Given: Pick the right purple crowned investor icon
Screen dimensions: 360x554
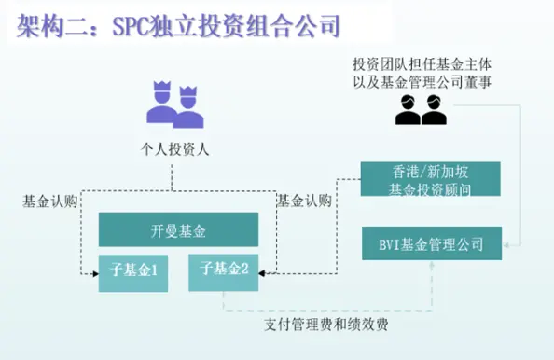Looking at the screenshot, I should click(188, 108).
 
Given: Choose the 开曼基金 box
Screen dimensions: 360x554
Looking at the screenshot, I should click(178, 228).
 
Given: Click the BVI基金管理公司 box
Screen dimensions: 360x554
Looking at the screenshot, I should click(431, 244).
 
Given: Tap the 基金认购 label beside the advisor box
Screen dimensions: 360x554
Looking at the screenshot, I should click(304, 199).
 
